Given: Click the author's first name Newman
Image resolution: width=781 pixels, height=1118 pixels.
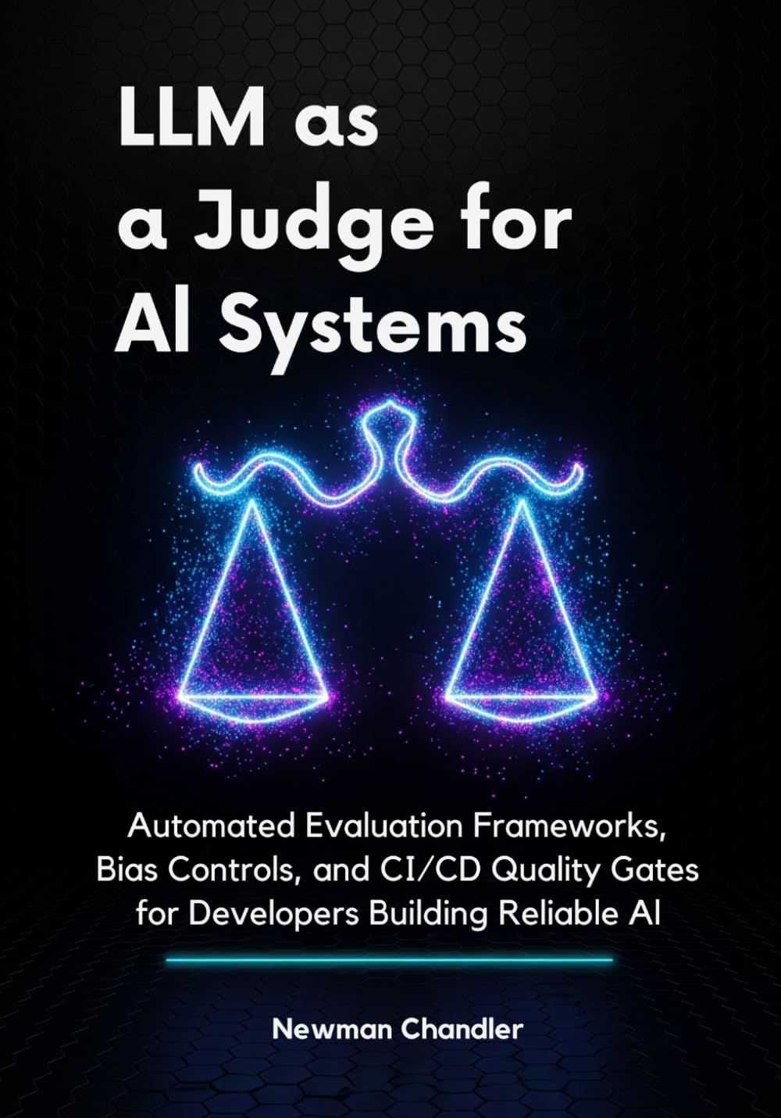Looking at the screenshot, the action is [x=331, y=1029].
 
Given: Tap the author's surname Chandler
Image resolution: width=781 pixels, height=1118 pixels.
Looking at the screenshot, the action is [x=462, y=1029].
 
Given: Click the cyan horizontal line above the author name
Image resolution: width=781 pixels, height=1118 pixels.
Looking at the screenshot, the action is [x=390, y=959].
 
